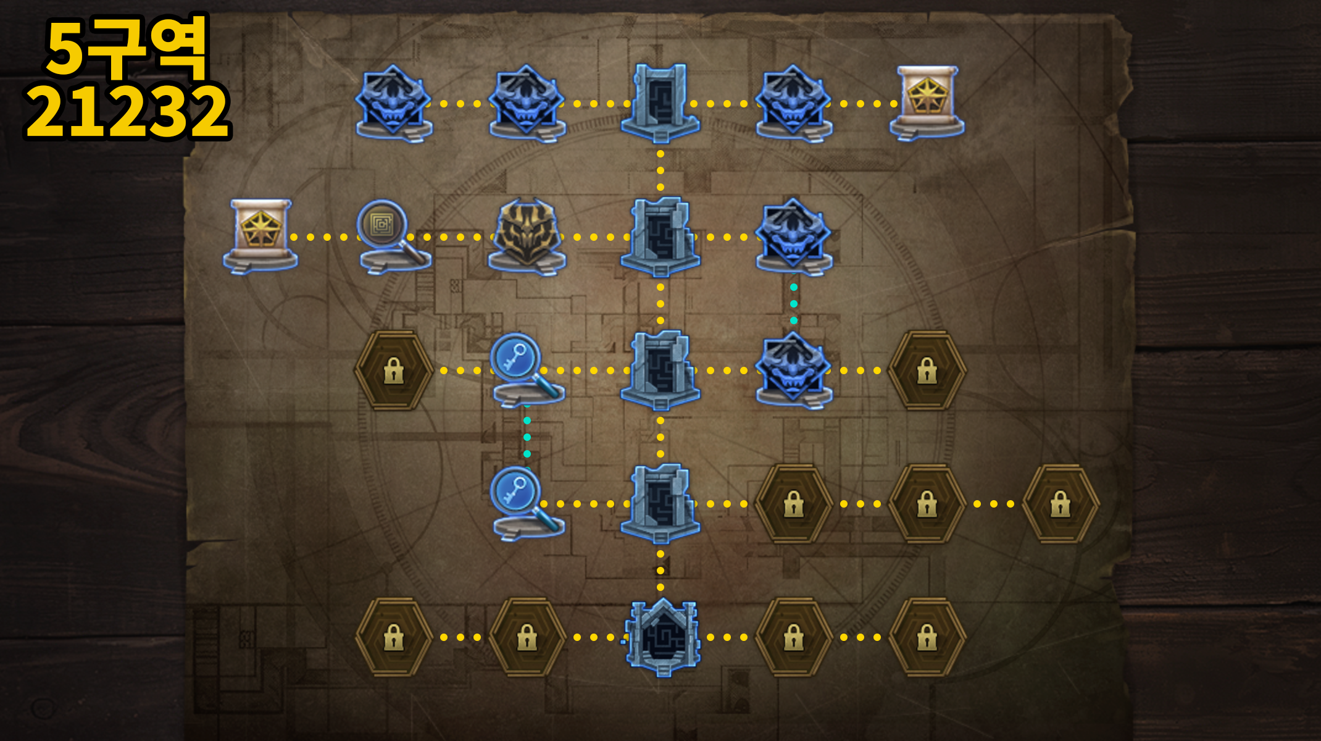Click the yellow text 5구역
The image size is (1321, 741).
[x=127, y=48]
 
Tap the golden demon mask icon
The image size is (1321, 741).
[x=527, y=237]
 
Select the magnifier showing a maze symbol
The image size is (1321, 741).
[x=394, y=236]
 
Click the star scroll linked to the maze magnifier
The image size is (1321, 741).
[x=260, y=236]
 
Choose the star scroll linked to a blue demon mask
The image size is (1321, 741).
[x=927, y=103]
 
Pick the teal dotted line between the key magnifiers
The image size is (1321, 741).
[x=527, y=437]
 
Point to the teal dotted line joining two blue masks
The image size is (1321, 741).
[x=793, y=304]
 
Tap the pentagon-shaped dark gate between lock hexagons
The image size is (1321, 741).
[x=661, y=637]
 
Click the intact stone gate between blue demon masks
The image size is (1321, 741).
[x=660, y=103]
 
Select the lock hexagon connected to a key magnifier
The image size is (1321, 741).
[x=394, y=371]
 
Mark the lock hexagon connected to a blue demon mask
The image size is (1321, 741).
[x=927, y=371]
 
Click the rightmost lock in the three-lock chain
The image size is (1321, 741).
[x=1060, y=504]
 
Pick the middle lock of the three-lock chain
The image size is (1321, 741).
[x=927, y=504]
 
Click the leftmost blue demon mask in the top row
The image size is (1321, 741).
[x=394, y=103]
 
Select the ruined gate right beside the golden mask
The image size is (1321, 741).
[x=660, y=237]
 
